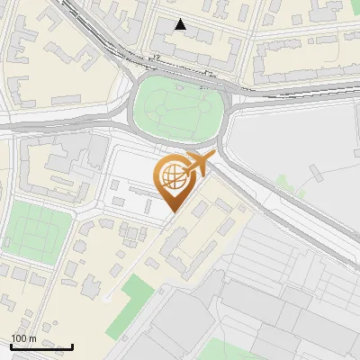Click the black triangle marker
181,24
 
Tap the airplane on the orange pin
196,164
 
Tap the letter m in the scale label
33,338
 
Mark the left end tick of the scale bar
11,346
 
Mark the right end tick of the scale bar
72,346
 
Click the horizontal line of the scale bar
41,347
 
